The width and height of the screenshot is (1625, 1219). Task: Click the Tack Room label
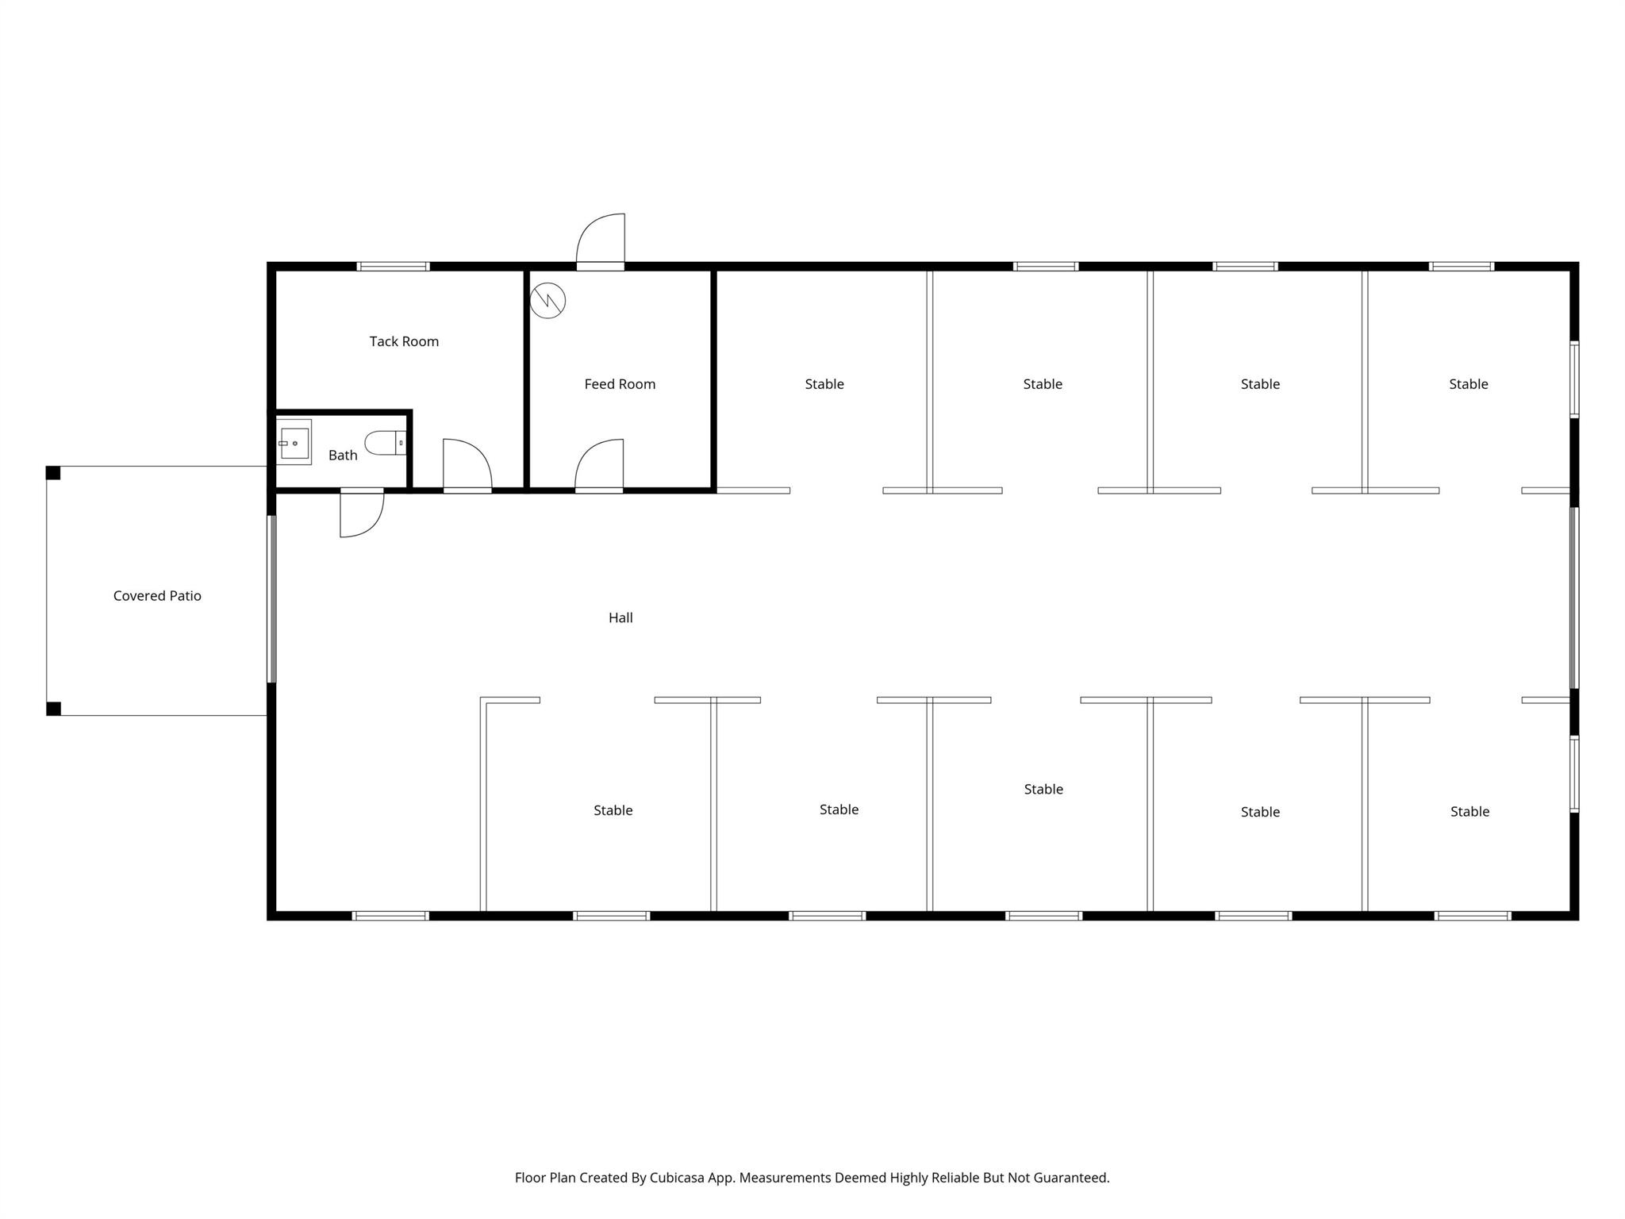point(404,341)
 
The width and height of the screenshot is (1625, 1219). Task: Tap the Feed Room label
point(620,384)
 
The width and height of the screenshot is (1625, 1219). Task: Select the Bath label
point(343,455)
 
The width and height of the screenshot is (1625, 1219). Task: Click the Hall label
point(620,617)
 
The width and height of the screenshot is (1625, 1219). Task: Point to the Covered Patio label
point(157,596)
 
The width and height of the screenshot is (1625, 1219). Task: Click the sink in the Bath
point(294,442)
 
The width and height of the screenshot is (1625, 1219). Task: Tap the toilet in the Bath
point(386,443)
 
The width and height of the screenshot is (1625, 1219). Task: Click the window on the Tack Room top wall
point(393,267)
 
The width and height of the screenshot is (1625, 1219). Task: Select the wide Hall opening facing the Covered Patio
point(271,598)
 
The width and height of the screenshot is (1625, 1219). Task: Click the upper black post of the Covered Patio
point(53,473)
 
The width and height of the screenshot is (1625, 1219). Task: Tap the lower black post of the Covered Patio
point(53,709)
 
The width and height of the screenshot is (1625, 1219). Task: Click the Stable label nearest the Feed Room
point(824,384)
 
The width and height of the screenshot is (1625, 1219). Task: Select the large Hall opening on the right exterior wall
point(1574,598)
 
